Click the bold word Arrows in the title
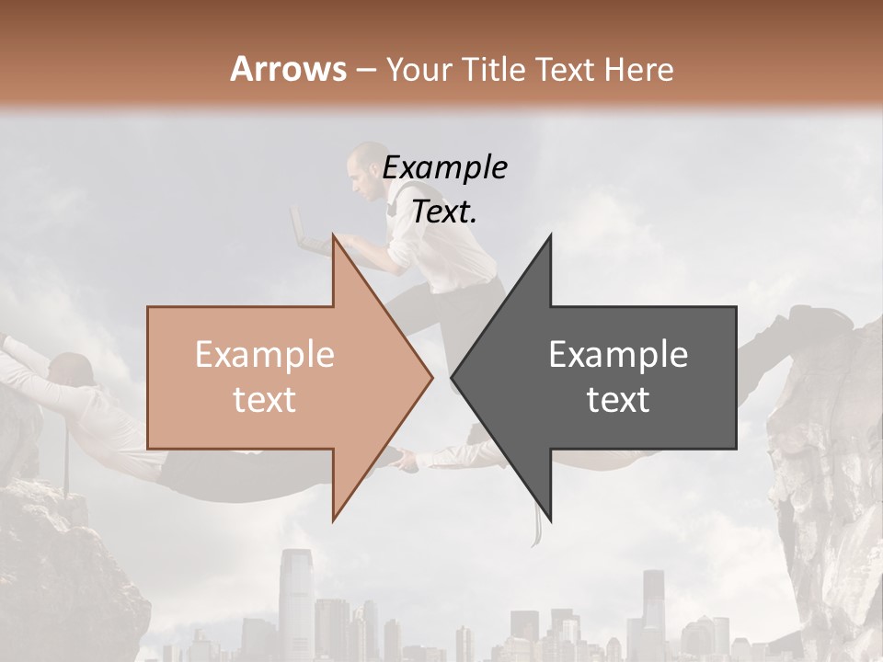[x=288, y=69]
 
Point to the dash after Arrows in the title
[x=365, y=71]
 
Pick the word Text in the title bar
[x=567, y=69]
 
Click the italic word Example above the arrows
[x=444, y=168]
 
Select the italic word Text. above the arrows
[x=444, y=212]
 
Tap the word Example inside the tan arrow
[x=265, y=355]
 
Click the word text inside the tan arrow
[x=265, y=400]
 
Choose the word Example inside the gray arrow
[x=618, y=355]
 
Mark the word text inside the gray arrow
[x=618, y=400]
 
